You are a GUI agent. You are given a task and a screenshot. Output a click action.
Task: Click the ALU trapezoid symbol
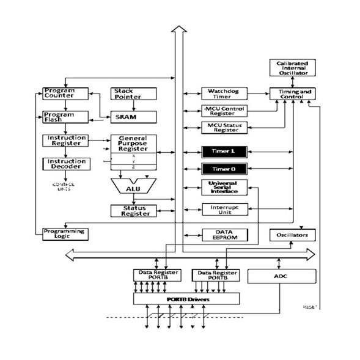pyautogui.click(x=133, y=188)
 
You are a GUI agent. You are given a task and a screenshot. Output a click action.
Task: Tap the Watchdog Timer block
pyautogui.click(x=224, y=94)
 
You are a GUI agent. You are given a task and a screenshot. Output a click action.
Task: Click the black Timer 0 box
pyautogui.click(x=224, y=169)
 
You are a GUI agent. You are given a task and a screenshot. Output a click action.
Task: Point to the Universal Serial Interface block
pyautogui.click(x=224, y=188)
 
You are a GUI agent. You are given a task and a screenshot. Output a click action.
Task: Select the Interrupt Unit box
pyautogui.click(x=224, y=210)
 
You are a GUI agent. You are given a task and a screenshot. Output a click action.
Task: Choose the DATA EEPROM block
pyautogui.click(x=224, y=235)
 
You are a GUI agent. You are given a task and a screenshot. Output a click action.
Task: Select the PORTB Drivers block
pyautogui.click(x=186, y=299)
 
